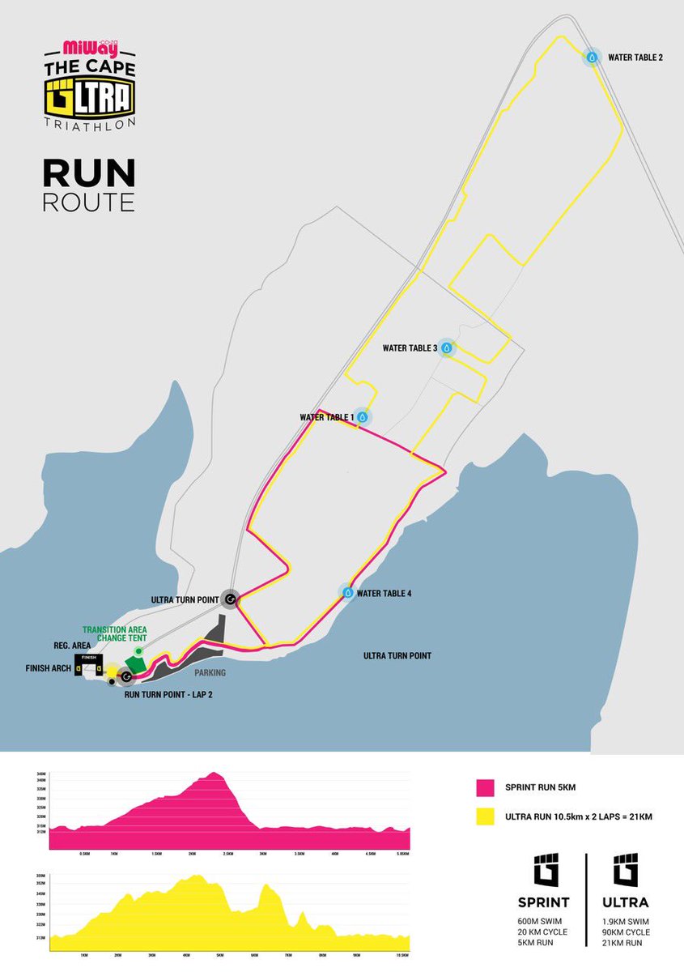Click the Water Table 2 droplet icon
592,57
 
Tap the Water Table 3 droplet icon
446,348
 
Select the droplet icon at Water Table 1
363,417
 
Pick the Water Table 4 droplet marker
348,593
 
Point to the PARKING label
208,672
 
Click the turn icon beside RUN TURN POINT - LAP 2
125,676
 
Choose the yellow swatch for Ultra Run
485,817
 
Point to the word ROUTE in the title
88,201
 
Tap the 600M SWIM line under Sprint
542,923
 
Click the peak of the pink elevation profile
214,773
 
